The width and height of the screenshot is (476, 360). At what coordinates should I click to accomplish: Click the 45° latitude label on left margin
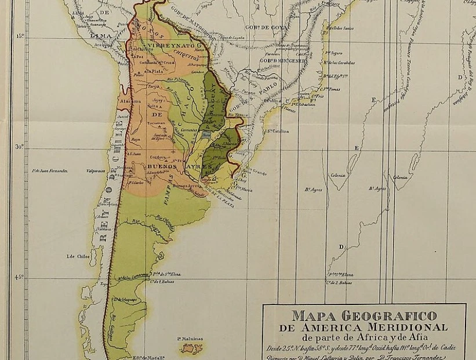tap(19, 277)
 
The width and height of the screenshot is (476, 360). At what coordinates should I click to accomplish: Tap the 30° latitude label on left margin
tap(19, 147)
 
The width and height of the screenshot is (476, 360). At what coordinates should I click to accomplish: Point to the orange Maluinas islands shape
tap(191, 348)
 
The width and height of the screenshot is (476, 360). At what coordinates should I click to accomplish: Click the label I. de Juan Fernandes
tap(50, 171)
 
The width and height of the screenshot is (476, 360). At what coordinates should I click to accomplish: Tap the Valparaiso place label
tap(97, 171)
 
